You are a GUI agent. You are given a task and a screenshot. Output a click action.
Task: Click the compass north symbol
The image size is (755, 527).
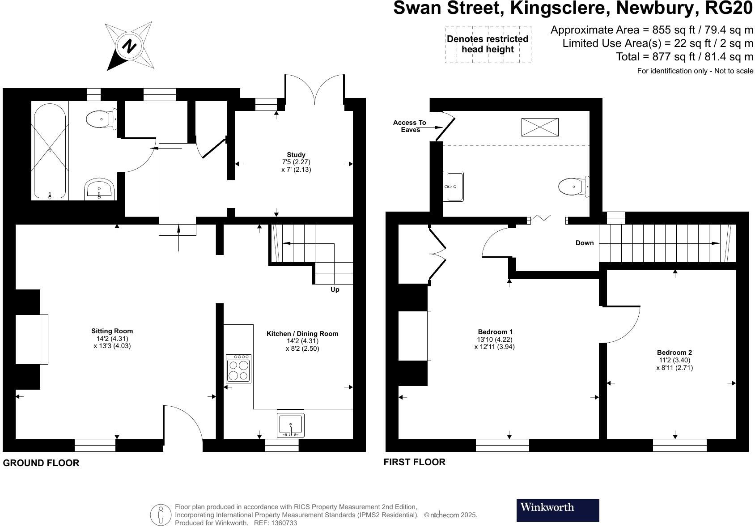click(129, 46)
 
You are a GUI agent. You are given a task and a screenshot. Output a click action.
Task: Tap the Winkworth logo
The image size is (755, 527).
click(557, 510)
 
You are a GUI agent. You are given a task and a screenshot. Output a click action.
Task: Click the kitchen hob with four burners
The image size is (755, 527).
click(239, 369)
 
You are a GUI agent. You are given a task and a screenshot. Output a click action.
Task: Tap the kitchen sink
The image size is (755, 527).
click(290, 425)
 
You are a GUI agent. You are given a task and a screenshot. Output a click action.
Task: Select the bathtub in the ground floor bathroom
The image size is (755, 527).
click(50, 150)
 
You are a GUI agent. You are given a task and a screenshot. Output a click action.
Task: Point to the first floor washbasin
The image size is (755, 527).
click(453, 186)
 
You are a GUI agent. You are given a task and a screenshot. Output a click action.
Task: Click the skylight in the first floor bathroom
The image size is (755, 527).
click(540, 127)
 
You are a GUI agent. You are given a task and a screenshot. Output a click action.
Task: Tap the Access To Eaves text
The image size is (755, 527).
click(409, 126)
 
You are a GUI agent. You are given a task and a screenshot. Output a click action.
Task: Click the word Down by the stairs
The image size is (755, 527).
click(584, 243)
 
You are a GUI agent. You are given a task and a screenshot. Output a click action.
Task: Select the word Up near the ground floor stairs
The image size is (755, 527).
click(335, 289)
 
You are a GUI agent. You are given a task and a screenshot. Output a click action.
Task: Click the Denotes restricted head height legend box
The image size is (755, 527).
click(488, 44)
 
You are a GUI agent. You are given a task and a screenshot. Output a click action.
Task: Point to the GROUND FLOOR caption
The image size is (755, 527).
click(41, 463)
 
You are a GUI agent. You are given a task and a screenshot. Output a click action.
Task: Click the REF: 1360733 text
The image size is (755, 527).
click(275, 523)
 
